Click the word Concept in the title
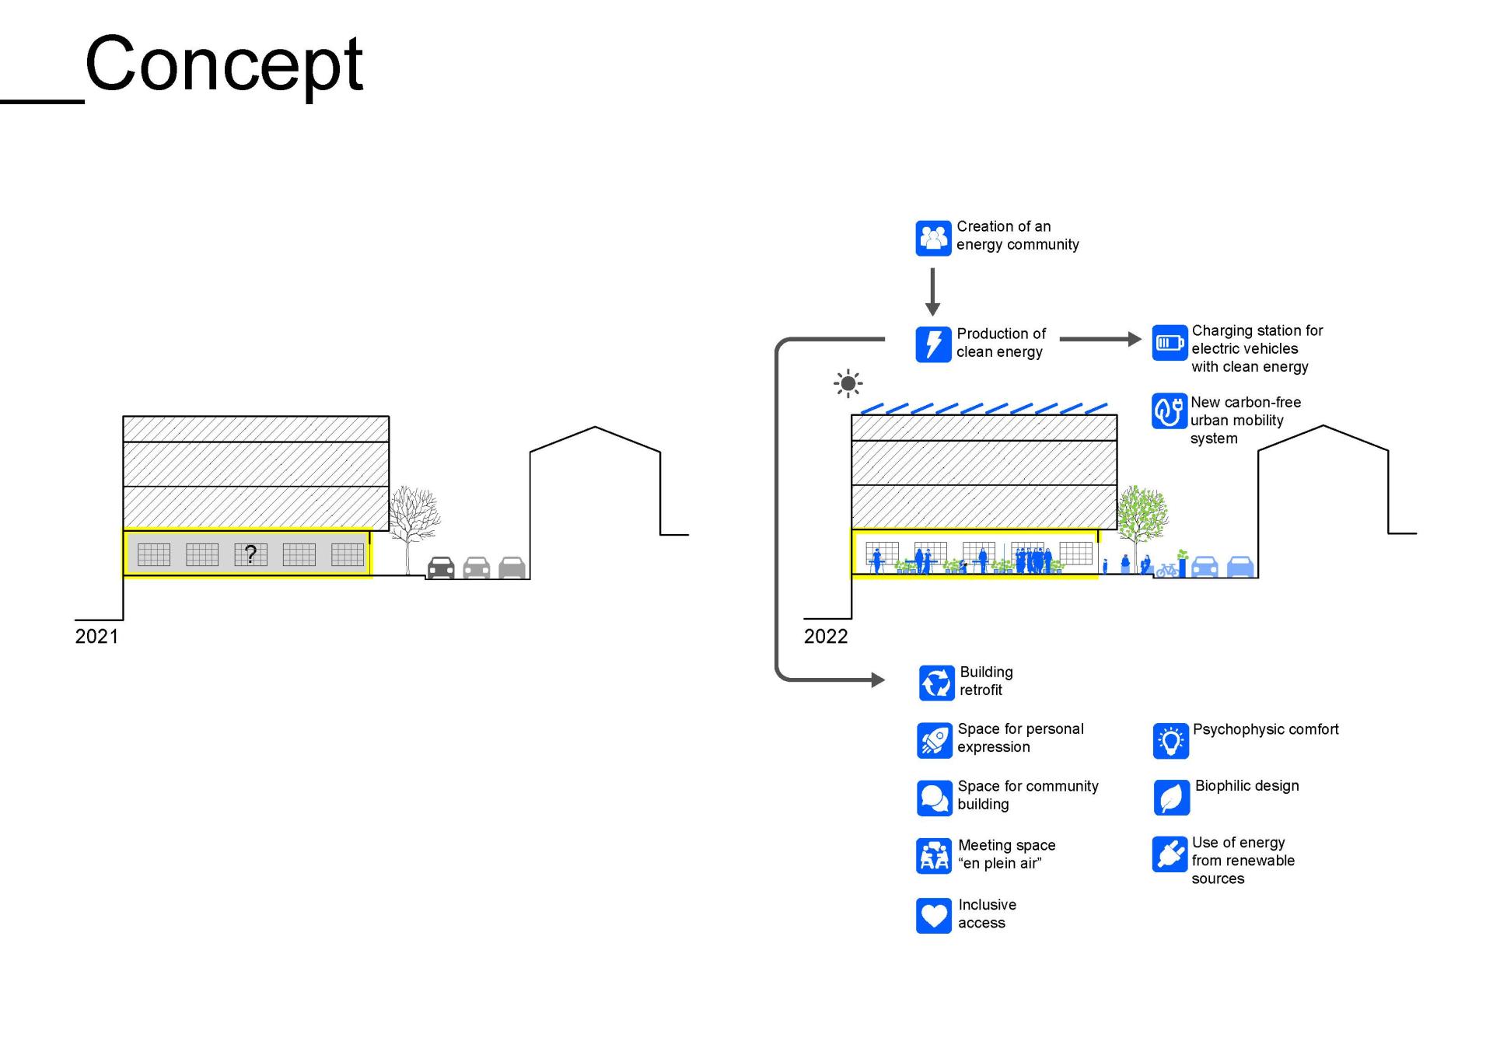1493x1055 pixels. click(224, 65)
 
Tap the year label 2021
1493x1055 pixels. click(96, 637)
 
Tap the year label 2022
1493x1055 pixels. click(825, 637)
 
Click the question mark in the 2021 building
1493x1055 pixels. click(250, 554)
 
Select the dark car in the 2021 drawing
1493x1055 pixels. click(441, 568)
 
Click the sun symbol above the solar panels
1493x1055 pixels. click(848, 383)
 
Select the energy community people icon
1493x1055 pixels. click(933, 238)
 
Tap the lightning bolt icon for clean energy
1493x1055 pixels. click(933, 344)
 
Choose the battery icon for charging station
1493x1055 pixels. click(1170, 343)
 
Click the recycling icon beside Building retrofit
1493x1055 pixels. click(936, 683)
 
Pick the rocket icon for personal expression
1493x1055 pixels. click(934, 739)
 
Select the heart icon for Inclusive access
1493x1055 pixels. click(934, 915)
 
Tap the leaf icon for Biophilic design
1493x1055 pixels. click(1171, 798)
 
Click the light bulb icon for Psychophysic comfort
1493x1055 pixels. click(1170, 741)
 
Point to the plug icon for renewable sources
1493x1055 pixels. click(1170, 854)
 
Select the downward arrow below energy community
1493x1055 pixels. click(932, 292)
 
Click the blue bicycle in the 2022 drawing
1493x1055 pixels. click(1166, 571)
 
